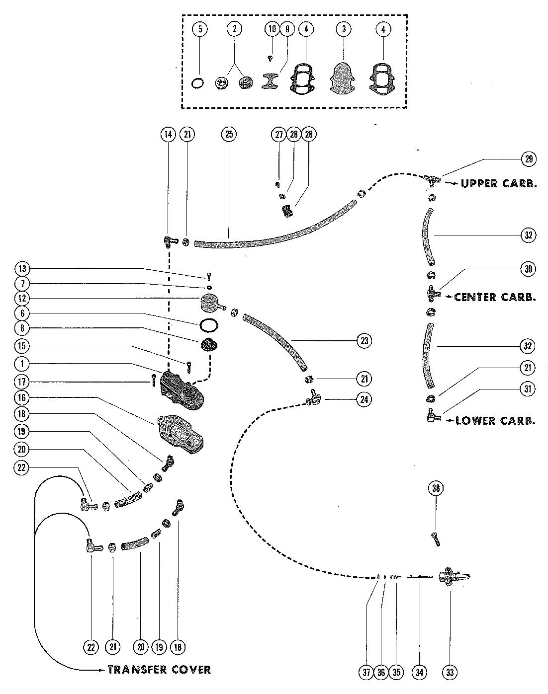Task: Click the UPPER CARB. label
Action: click(x=499, y=183)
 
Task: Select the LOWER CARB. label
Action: click(x=495, y=421)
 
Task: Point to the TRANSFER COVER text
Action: click(x=159, y=670)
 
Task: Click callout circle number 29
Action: click(x=528, y=159)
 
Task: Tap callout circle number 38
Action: click(x=436, y=488)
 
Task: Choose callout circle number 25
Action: click(x=229, y=134)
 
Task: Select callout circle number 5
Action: click(x=200, y=29)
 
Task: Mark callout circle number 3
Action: click(x=344, y=29)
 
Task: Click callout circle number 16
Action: click(x=22, y=398)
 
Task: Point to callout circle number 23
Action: click(x=365, y=341)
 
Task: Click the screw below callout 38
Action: click(x=436, y=539)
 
